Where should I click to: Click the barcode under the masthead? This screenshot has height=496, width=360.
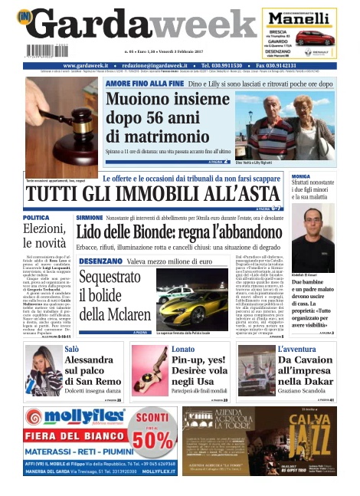pyautogui.click(x=44, y=51)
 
